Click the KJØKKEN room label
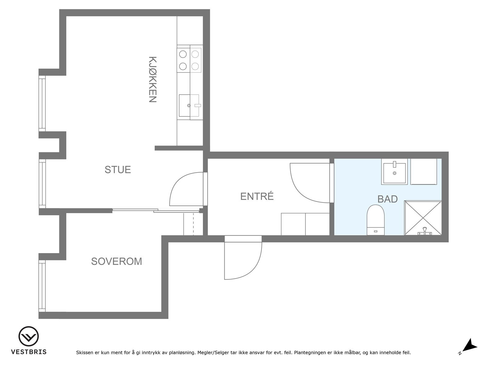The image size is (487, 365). (152, 79)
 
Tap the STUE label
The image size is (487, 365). (118, 170)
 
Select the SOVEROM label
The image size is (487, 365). (117, 262)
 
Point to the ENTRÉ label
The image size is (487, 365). (257, 196)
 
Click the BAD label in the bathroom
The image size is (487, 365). (387, 199)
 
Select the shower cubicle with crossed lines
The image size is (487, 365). (423, 218)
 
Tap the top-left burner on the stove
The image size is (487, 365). (183, 54)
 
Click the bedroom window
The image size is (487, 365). (42, 286)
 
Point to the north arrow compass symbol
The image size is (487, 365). (470, 346)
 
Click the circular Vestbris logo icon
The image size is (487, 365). (28, 336)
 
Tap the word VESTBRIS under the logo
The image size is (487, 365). (29, 352)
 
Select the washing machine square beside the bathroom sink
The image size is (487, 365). (424, 171)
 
